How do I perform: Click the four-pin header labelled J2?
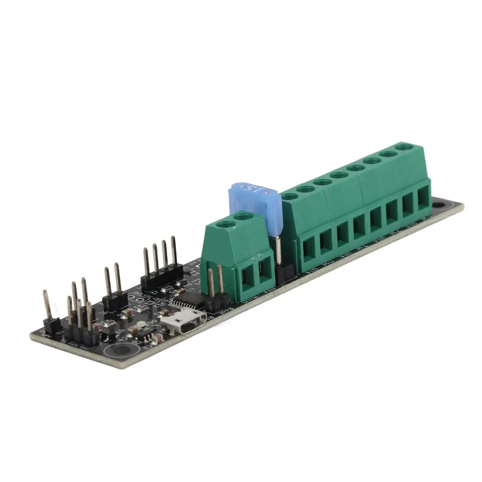click(160, 267)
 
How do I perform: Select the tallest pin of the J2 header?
click(173, 250)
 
